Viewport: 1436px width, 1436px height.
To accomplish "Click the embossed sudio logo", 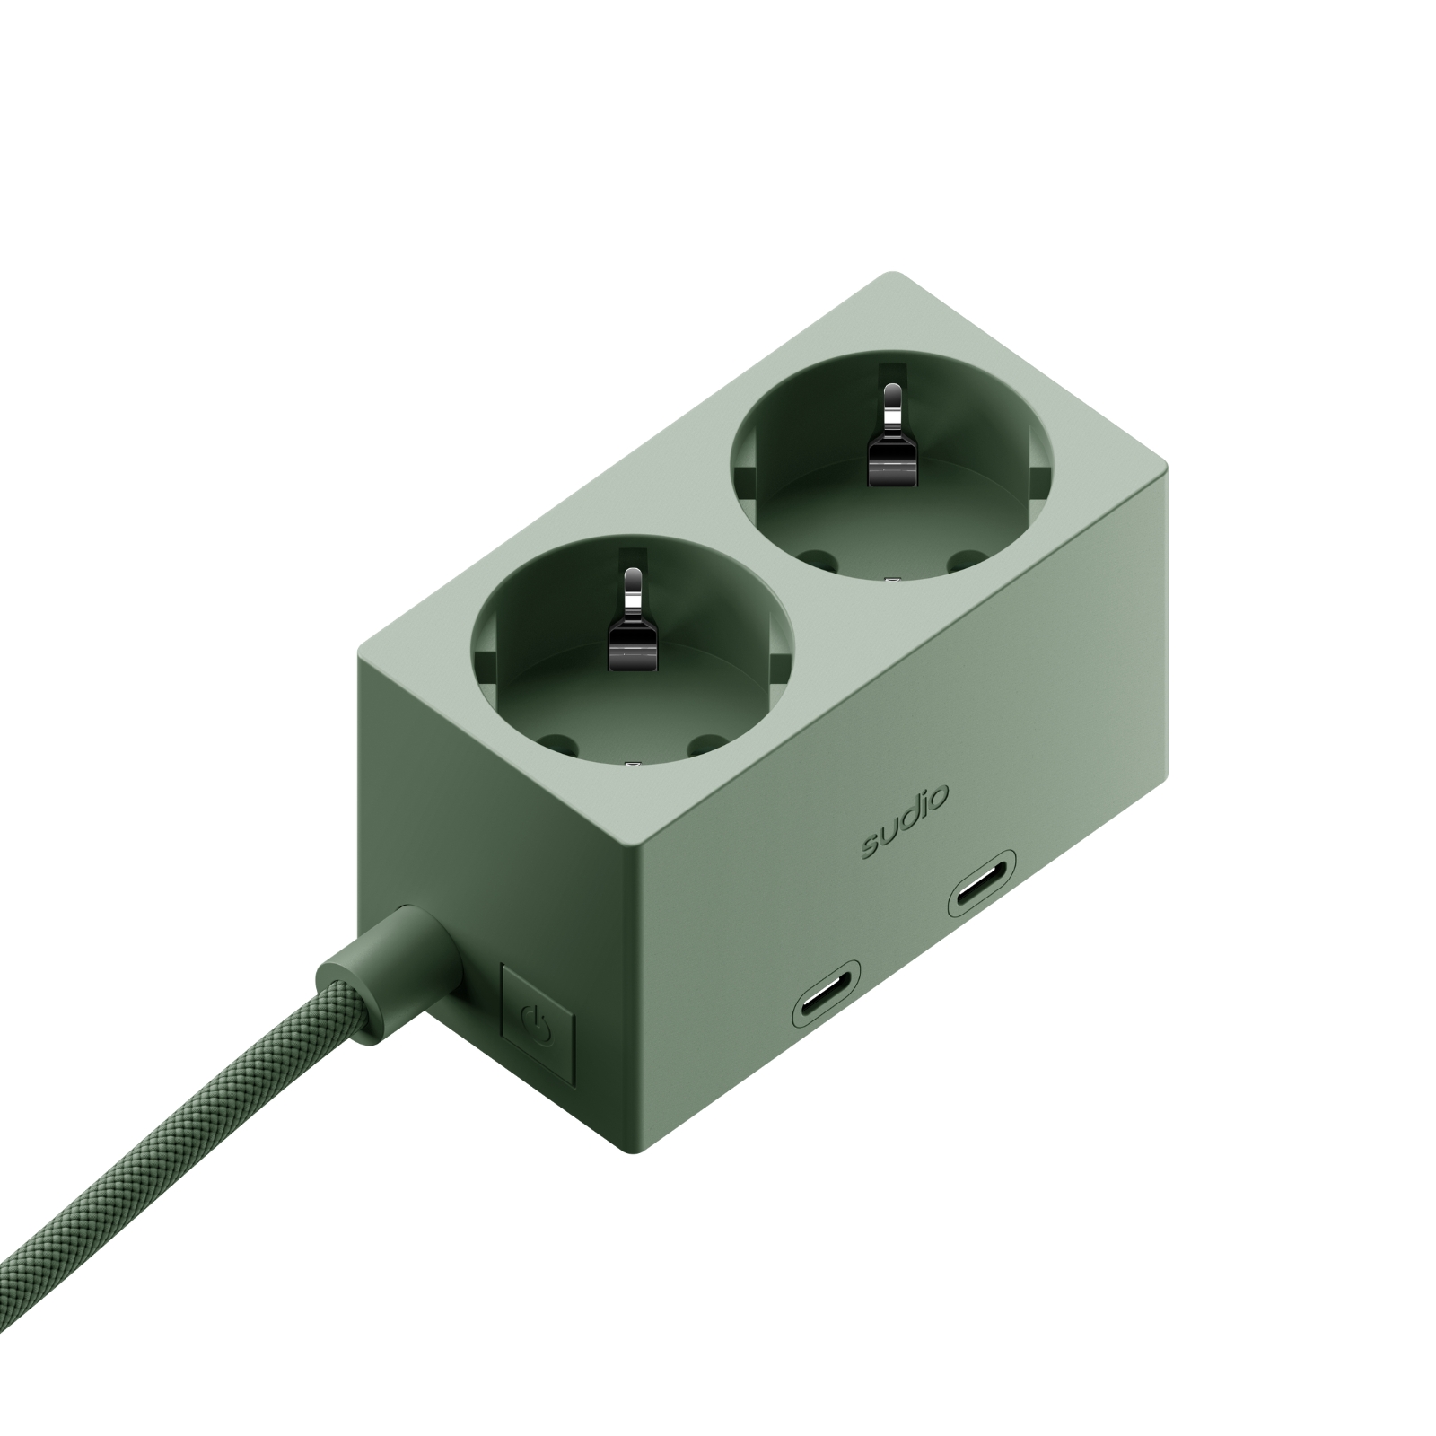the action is click(904, 822).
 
